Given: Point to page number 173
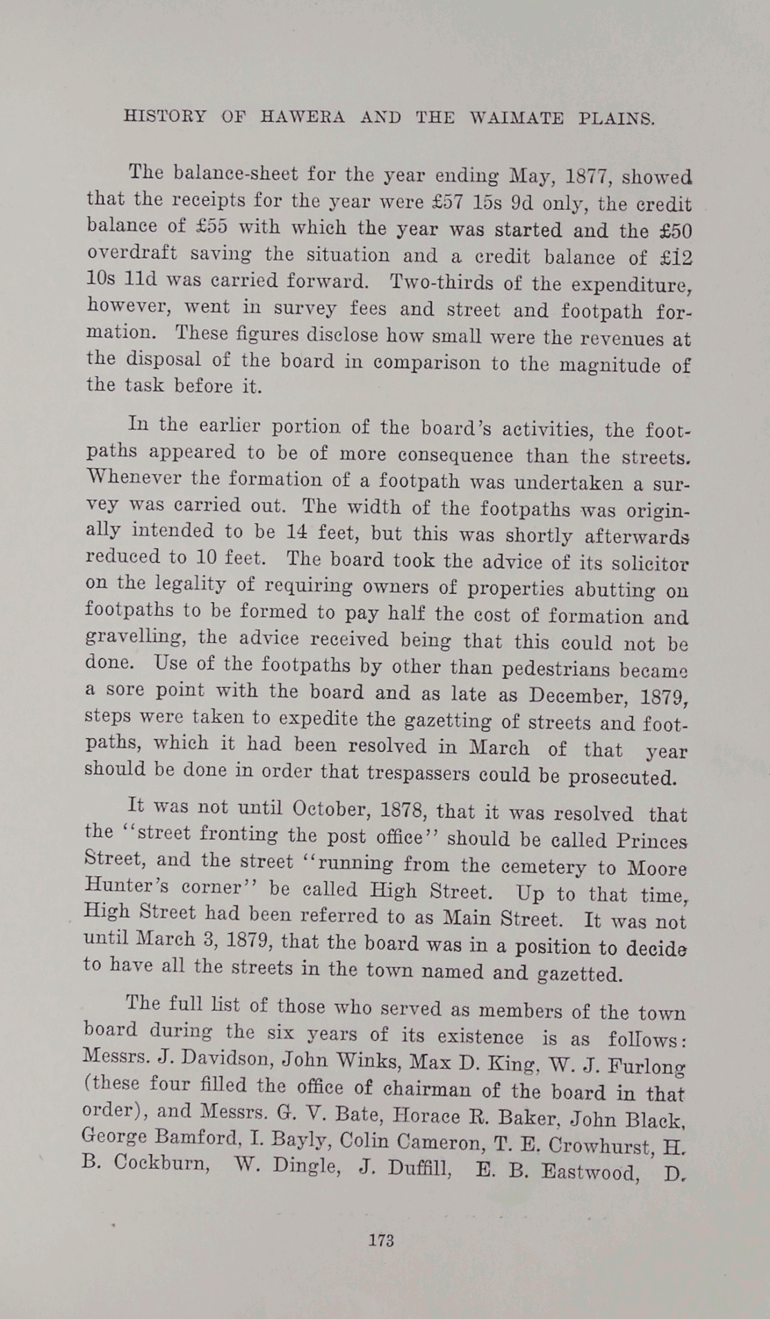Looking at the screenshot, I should pyautogui.click(x=381, y=1240).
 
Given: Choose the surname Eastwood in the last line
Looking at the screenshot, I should pyautogui.click(x=588, y=1172).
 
